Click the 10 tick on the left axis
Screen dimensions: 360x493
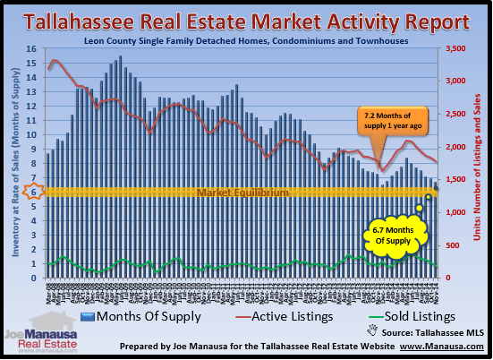[32, 134]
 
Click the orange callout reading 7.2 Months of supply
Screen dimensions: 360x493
[387, 121]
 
